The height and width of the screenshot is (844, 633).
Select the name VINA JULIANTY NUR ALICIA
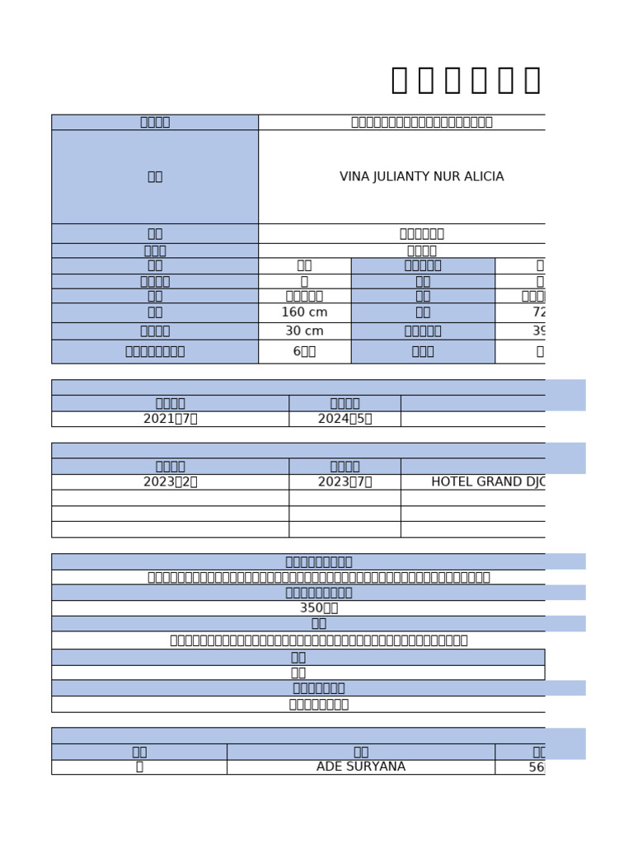421,177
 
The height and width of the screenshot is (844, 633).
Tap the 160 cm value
304,312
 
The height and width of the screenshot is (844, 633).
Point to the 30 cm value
304,331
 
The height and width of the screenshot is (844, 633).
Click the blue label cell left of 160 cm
155,312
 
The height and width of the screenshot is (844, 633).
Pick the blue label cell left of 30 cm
155,331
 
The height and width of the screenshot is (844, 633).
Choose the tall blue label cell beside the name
155,177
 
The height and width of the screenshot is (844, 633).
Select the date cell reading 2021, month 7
170,419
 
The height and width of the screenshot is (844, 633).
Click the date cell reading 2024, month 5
345,419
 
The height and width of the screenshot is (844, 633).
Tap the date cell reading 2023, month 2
170,482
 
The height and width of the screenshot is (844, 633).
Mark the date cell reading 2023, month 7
345,482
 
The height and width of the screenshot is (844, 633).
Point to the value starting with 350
318,608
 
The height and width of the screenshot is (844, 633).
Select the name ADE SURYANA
361,767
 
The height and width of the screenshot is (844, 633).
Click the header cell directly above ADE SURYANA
361,752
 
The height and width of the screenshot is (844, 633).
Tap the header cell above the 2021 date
170,403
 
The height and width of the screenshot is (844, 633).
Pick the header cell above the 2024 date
345,403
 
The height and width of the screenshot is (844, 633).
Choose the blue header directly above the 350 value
318,593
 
